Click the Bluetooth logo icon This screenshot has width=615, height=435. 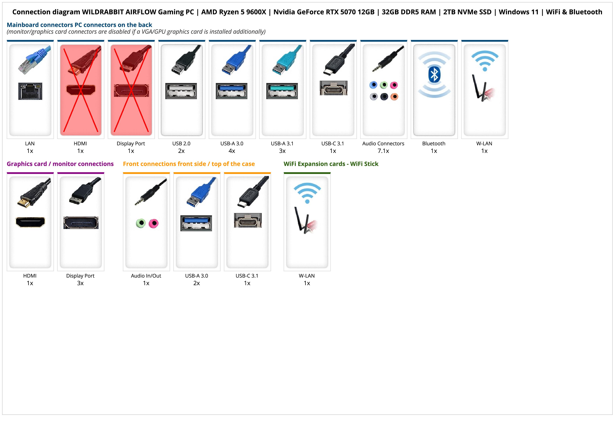coord(434,75)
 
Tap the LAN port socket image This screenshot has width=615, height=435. coord(30,91)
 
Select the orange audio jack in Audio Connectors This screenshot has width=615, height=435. coord(394,97)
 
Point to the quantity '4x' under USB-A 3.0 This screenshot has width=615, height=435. coord(232,151)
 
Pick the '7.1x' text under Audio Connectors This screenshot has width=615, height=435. coord(383,151)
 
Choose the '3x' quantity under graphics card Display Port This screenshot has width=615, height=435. coord(80,283)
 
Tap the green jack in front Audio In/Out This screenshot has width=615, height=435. coord(141,223)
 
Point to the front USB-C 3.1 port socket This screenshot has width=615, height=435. coord(248,220)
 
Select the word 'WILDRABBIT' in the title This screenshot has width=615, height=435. coord(103,12)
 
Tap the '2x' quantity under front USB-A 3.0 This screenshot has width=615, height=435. coord(197,283)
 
